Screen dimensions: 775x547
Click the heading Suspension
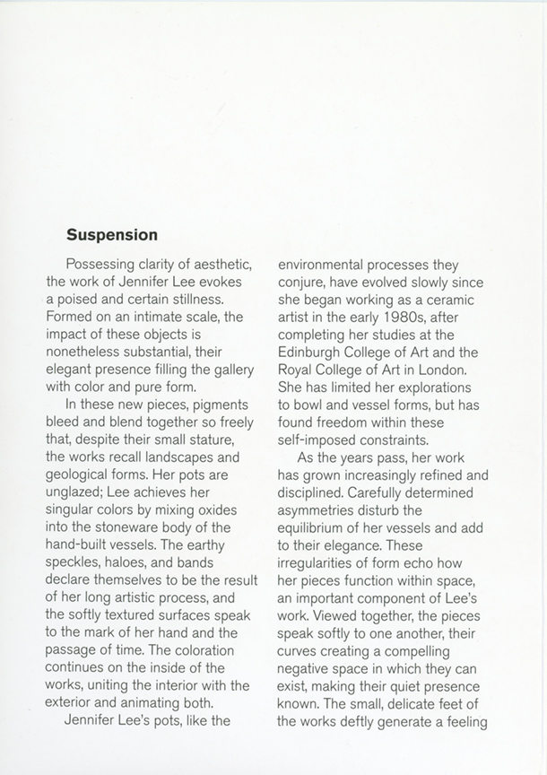(x=112, y=235)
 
